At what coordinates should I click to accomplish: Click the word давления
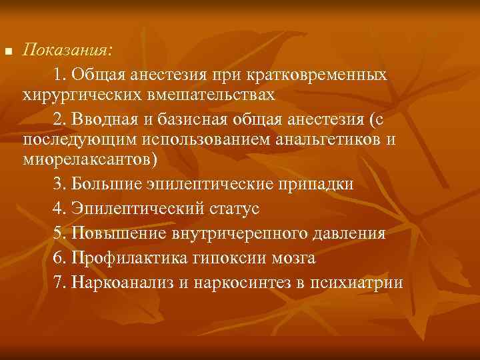(349, 233)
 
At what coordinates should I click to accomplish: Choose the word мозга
(293, 257)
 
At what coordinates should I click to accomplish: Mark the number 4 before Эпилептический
(56, 209)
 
